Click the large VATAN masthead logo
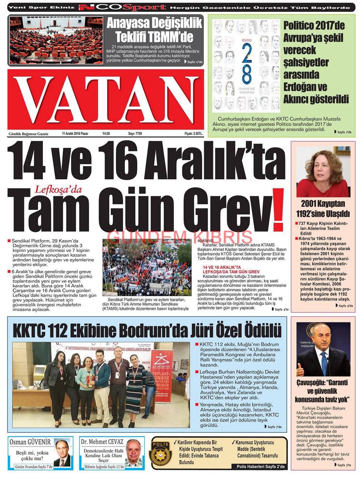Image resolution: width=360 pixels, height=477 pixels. (105, 99)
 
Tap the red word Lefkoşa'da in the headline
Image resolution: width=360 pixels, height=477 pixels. (58, 189)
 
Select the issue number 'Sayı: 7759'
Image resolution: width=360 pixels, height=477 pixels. (135, 134)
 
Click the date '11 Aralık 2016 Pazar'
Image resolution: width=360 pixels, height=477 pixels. (75, 134)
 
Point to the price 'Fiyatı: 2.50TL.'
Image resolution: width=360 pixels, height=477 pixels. (193, 134)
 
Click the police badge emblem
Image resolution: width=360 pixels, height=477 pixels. (161, 453)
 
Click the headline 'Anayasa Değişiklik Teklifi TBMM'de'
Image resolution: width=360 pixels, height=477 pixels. (154, 30)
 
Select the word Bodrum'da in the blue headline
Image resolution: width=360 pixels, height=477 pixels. (183, 330)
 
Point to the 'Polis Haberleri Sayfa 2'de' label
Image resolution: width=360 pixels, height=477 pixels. (260, 466)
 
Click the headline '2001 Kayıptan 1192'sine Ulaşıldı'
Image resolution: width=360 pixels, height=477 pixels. (323, 208)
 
